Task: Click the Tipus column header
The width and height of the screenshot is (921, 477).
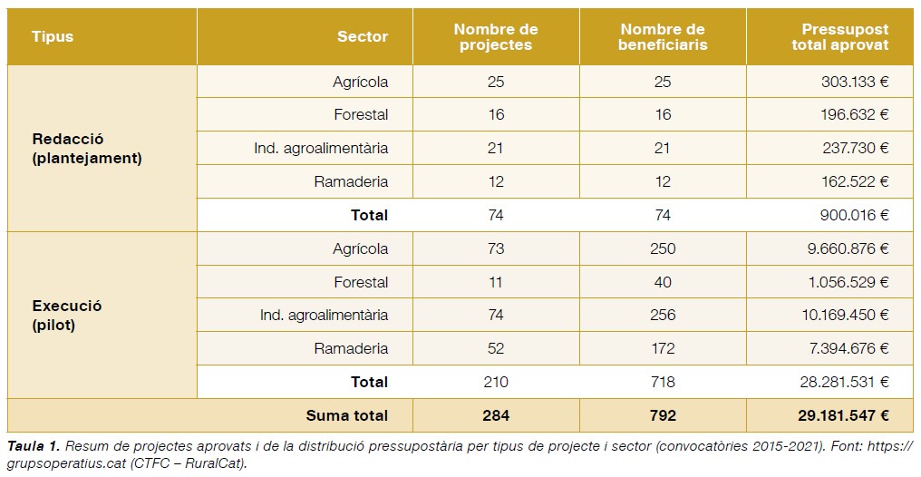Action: (53, 37)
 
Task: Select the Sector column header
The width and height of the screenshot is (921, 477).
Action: (362, 37)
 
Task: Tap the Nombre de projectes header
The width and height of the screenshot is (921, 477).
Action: (495, 37)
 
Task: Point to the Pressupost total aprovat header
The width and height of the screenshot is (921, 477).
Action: (839, 37)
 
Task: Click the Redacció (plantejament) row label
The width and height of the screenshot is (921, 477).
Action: (86, 148)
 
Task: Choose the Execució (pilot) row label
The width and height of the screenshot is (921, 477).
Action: (67, 315)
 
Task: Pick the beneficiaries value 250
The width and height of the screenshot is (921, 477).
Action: (663, 248)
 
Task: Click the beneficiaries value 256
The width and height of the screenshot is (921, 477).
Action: (663, 316)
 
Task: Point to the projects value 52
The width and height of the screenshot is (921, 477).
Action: (495, 348)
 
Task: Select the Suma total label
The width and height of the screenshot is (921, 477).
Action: (346, 415)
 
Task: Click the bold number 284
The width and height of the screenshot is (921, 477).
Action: (496, 415)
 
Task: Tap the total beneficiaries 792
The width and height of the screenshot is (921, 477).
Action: (663, 415)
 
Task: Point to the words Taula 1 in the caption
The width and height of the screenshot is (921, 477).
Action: (34, 445)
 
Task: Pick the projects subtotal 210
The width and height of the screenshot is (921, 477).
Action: (496, 382)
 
